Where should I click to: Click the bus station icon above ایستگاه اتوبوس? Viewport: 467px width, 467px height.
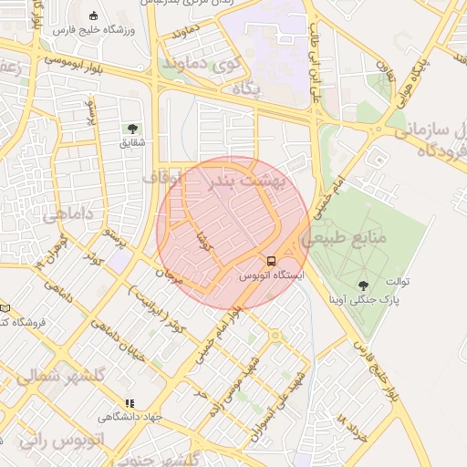tap(271, 260)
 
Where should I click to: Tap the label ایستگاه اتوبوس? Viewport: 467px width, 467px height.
tap(272, 274)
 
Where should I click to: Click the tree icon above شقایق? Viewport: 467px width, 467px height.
tap(132, 130)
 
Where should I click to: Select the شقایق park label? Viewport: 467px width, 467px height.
tap(132, 143)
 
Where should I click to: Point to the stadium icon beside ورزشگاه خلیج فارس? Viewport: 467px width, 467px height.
tap(95, 16)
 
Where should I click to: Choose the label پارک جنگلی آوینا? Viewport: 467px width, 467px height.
tap(366, 299)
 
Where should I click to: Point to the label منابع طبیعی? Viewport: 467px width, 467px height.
tap(357, 237)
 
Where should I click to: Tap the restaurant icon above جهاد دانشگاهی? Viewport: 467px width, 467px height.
tap(130, 402)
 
